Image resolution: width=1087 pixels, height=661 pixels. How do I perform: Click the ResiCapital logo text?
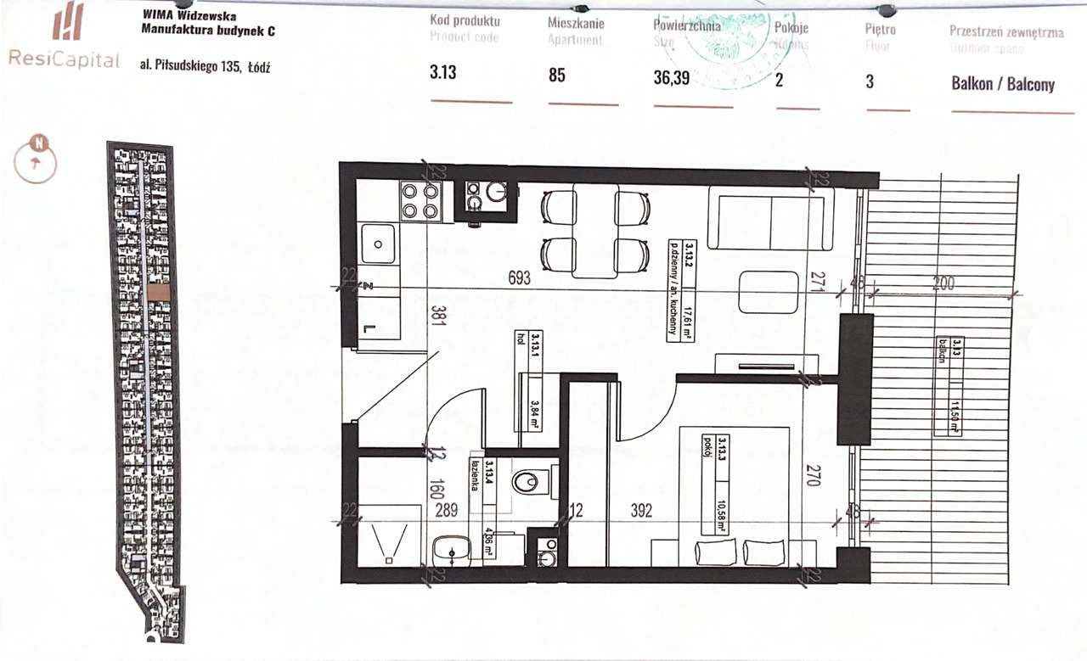pyautogui.click(x=64, y=59)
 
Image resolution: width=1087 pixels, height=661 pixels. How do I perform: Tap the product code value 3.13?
pyautogui.click(x=443, y=73)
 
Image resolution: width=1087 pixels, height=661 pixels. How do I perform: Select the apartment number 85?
pyautogui.click(x=557, y=75)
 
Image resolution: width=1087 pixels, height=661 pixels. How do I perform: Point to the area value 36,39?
pyautogui.click(x=672, y=78)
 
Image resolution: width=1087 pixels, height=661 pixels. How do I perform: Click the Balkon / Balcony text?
pyautogui.click(x=1003, y=84)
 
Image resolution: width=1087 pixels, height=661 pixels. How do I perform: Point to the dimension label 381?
pyautogui.click(x=438, y=316)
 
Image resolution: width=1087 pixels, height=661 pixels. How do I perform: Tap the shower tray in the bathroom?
pyautogui.click(x=390, y=535)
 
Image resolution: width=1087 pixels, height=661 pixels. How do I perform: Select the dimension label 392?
pyautogui.click(x=641, y=511)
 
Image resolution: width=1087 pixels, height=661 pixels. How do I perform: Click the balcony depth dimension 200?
pyautogui.click(x=943, y=283)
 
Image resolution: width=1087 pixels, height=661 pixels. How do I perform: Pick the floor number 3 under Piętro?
pyautogui.click(x=870, y=81)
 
